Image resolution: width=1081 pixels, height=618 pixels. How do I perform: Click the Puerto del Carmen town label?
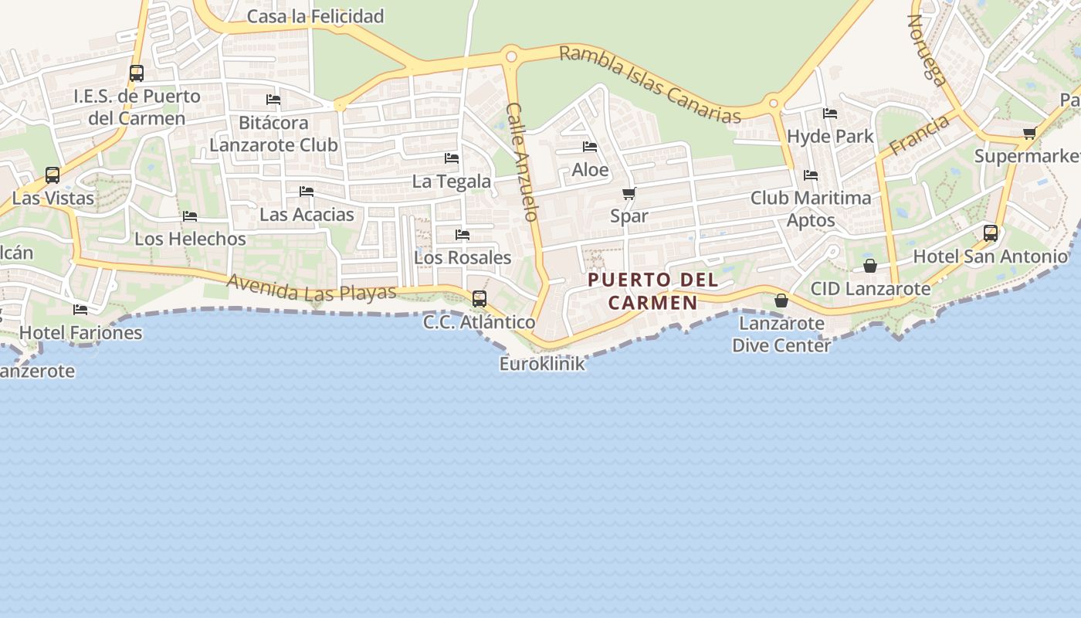[652, 290]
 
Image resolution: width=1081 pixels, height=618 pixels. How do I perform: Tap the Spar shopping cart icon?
[629, 194]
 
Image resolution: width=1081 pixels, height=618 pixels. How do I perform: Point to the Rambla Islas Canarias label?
[649, 84]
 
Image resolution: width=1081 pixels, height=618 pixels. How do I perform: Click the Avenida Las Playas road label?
[311, 288]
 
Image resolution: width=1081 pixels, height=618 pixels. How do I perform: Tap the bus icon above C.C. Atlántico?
[480, 299]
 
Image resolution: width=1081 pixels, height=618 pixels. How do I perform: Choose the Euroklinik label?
[542, 363]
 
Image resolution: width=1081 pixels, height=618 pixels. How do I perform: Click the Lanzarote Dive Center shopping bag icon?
[781, 301]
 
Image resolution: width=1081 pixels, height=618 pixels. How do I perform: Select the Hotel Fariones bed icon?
[80, 310]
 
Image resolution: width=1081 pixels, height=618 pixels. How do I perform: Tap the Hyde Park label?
[830, 137]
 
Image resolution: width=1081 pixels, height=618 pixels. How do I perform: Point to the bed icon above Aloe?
[590, 147]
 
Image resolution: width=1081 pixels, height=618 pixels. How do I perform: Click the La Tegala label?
[452, 182]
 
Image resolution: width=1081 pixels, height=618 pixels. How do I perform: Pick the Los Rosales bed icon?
[463, 235]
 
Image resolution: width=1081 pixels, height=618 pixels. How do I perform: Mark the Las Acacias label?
[307, 215]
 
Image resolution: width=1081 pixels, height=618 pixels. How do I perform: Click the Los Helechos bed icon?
[190, 216]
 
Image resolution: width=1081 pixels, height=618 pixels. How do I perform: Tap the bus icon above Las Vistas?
[53, 175]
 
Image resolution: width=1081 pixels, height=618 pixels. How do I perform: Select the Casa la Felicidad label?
[315, 16]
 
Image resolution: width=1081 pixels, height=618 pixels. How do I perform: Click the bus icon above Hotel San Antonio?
[991, 233]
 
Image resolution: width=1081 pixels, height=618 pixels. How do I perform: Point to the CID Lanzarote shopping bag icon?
[870, 266]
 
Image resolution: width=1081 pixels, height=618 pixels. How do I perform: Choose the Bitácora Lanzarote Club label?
[273, 134]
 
